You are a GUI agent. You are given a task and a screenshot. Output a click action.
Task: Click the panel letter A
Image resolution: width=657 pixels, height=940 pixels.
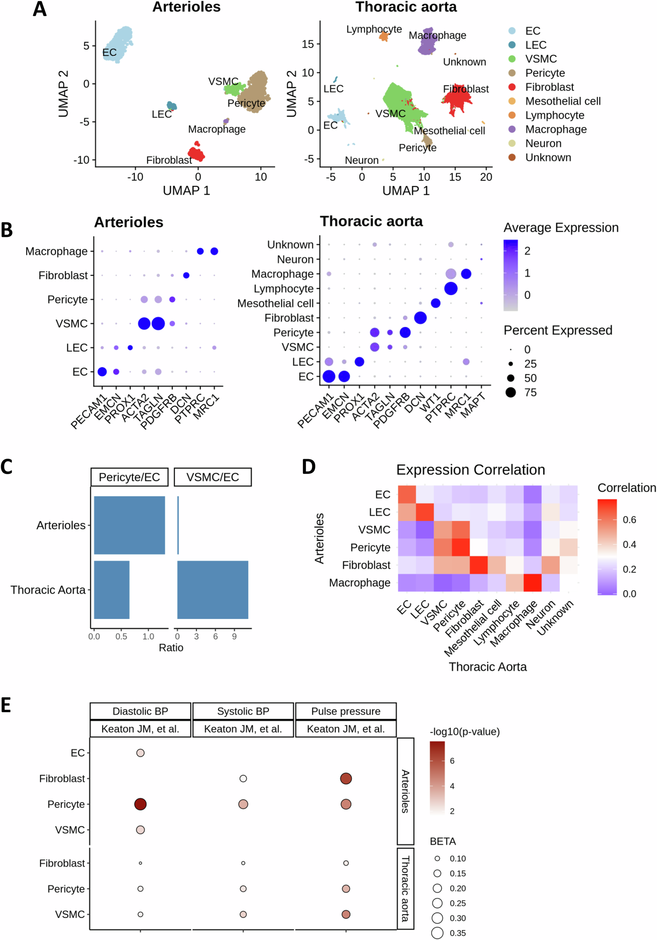click(x=40, y=9)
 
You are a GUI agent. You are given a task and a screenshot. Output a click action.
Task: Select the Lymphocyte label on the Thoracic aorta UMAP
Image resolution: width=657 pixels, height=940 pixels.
click(x=374, y=29)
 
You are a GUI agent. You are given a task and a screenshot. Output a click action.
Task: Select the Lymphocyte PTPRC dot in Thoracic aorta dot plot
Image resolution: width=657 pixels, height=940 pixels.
click(x=450, y=289)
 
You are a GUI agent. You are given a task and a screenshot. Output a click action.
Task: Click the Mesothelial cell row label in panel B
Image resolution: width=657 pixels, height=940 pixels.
click(x=275, y=303)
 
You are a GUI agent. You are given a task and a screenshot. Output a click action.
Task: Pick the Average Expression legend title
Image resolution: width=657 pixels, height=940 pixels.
click(x=560, y=227)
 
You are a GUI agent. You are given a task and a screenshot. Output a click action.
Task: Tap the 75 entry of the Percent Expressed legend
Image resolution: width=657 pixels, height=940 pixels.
click(x=530, y=392)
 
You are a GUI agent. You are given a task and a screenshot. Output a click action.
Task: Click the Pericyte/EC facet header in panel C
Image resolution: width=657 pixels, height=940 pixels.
click(x=129, y=477)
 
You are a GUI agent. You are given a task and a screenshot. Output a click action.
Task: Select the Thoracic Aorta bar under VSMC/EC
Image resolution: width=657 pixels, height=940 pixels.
click(x=213, y=590)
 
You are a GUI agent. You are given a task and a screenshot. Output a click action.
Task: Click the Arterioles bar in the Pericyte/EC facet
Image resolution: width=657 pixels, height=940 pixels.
click(x=129, y=525)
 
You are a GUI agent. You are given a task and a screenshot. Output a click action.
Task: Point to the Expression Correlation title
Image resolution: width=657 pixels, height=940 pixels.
click(x=470, y=470)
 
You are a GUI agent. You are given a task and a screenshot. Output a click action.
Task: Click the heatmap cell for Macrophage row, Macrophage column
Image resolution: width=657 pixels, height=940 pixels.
click(x=532, y=582)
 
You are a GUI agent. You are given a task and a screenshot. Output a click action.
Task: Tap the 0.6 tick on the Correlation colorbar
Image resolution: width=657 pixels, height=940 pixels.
click(x=629, y=520)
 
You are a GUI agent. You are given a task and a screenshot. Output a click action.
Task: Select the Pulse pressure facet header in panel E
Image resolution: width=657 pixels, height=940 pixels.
click(x=345, y=711)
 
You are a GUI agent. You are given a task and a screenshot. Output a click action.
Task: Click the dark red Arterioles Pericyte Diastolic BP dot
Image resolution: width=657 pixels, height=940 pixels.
click(x=140, y=804)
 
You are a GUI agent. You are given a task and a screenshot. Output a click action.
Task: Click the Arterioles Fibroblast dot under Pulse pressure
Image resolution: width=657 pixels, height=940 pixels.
click(x=346, y=778)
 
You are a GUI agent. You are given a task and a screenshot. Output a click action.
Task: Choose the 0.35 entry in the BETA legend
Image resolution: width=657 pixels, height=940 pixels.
click(x=457, y=933)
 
